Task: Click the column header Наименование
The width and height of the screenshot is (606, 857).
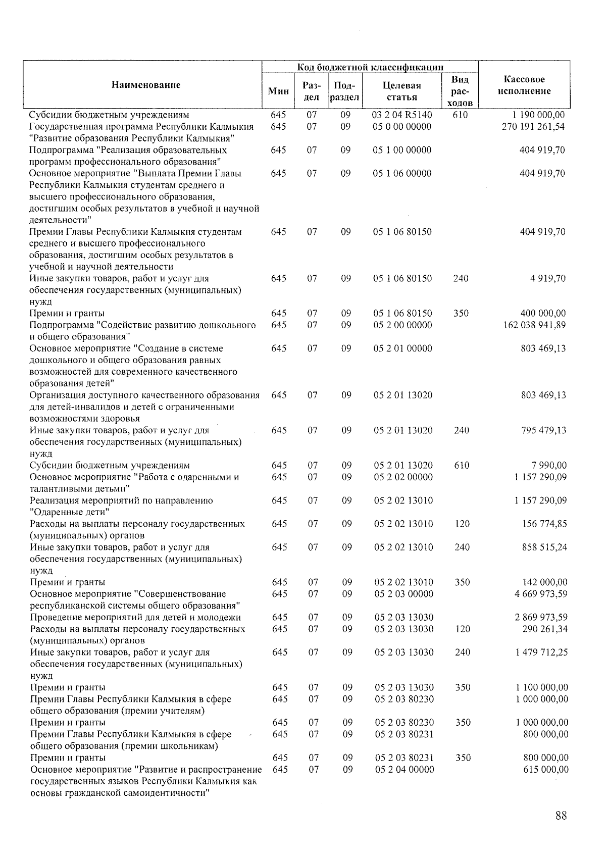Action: [145, 85]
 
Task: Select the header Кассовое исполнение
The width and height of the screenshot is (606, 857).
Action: [524, 85]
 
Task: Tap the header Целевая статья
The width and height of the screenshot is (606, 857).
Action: [402, 91]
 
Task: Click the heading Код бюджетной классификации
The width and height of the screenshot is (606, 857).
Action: [370, 67]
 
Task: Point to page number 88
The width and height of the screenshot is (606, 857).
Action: [561, 815]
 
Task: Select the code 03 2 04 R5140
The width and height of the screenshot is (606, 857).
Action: [402, 115]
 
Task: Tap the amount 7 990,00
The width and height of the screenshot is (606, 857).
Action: [548, 465]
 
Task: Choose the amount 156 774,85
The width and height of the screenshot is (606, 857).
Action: [544, 524]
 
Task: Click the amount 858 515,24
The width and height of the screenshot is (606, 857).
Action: [544, 547]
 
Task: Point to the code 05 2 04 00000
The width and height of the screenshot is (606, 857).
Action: [404, 769]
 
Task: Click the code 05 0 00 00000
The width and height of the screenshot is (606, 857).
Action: [402, 126]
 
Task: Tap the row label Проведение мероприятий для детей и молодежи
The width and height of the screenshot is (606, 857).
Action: [135, 617]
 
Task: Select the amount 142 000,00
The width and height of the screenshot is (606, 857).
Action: [545, 582]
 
